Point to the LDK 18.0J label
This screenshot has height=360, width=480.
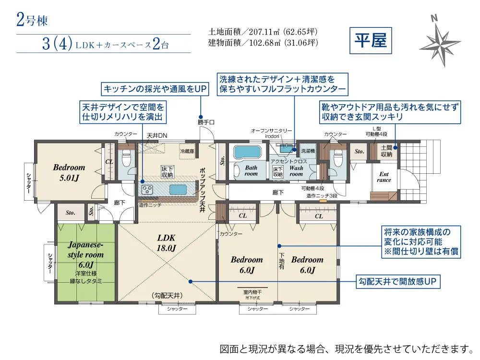click(x=167, y=243)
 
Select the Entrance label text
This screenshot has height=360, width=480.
click(x=384, y=177)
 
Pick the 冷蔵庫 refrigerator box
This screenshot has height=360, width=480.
click(x=187, y=150)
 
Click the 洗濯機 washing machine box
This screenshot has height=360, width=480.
click(x=308, y=151)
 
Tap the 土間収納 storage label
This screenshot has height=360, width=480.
click(x=387, y=151)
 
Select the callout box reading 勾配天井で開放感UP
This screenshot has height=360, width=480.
click(x=397, y=281)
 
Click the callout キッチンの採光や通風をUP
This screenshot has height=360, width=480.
click(x=154, y=89)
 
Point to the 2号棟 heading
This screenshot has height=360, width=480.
click(x=32, y=20)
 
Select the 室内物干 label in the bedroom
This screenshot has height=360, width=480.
click(x=252, y=291)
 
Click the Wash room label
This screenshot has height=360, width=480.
click(x=296, y=171)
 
